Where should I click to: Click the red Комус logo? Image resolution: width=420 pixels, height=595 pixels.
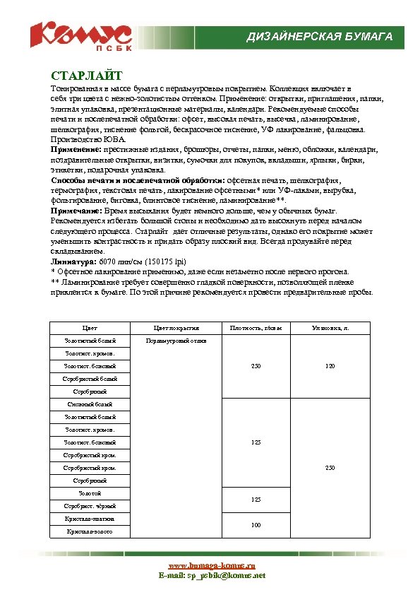(x=80, y=33)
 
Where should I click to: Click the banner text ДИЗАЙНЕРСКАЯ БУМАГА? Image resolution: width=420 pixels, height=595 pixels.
(x=319, y=37)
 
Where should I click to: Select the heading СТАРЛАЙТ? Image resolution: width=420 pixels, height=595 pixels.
(x=87, y=76)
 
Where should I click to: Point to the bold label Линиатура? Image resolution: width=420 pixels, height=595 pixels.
(x=73, y=261)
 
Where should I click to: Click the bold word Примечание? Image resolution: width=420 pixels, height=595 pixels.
(x=76, y=211)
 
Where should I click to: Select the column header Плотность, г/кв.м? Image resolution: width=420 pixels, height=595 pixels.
(x=256, y=328)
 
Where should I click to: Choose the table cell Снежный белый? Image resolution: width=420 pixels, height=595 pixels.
(x=90, y=404)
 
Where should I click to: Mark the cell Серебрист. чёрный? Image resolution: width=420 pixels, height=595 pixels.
(x=90, y=506)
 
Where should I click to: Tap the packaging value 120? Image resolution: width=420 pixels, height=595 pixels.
(x=330, y=366)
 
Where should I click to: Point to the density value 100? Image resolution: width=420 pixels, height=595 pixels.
(x=256, y=525)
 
